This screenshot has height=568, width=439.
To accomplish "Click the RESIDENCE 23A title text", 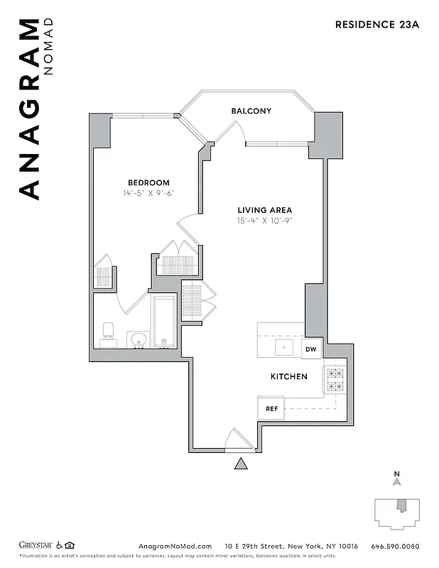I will coord(378,24).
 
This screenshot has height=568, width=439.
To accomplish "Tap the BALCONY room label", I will coord(251,111).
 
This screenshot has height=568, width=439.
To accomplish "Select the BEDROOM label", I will coord(148,182).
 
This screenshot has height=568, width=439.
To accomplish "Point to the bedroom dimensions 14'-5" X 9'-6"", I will coord(148,193).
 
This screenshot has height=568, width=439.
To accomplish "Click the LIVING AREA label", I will coord(264,210).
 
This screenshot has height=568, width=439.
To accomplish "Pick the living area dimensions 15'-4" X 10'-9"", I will coord(264,221).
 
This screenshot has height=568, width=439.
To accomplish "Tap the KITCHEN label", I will coord(288,376).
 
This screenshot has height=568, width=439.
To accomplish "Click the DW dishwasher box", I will coord(311,349).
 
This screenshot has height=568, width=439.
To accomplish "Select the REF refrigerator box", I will coord(271,409).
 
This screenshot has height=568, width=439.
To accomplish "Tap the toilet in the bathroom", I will coord(109,334).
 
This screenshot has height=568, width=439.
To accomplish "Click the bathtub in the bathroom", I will coord(163,322).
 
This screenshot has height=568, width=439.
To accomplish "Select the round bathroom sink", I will coord(138,339).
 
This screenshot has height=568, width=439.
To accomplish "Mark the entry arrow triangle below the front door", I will coord(242,464).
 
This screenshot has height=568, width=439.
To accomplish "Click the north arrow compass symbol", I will coord(397,482).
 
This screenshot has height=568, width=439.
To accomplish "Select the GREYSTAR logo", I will coord(36,545).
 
